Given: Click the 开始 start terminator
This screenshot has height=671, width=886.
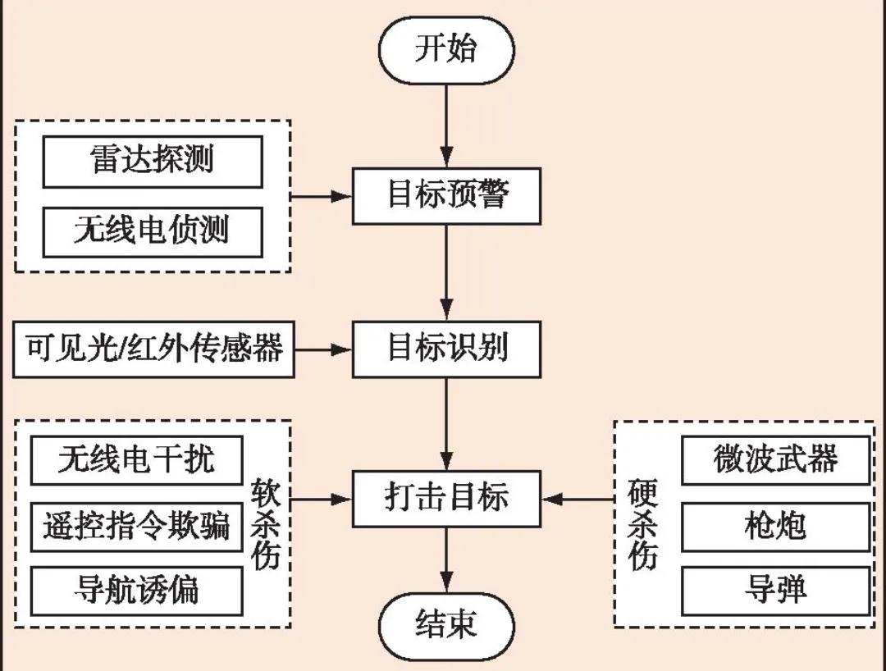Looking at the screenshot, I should point(445,49).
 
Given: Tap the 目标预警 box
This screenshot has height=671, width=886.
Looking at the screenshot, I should point(446,196).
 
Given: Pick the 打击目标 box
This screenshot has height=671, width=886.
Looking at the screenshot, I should point(446,498).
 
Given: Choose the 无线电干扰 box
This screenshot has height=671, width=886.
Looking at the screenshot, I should point(137,459).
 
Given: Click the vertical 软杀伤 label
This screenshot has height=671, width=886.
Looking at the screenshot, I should point(267,525).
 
